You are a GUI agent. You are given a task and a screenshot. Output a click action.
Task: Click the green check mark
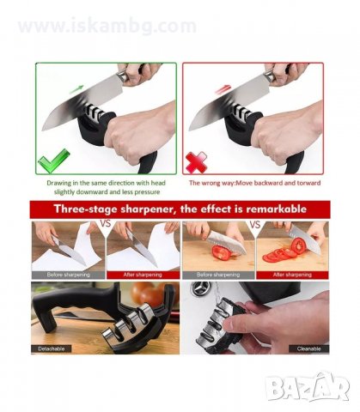point(53,161)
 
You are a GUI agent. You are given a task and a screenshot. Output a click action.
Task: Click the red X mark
point(196,162)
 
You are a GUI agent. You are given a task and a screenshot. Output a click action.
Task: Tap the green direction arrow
point(76,89)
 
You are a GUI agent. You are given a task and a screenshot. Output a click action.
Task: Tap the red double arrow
point(223,89)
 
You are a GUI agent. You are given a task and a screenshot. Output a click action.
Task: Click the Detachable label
point(52,348)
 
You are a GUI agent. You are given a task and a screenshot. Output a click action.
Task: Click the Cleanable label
point(308,348)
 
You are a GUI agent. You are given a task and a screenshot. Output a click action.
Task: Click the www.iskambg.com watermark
point(107,26)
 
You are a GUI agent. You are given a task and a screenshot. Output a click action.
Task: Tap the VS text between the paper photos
point(105,223)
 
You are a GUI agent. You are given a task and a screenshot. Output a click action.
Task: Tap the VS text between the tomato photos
point(255,224)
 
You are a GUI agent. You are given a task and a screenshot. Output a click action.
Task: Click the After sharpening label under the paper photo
point(143,275)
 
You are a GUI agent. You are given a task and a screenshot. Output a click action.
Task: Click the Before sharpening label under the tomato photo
point(218,275)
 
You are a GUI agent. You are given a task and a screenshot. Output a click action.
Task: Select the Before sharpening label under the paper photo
point(69,275)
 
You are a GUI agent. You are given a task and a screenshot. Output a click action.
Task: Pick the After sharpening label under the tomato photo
point(292,275)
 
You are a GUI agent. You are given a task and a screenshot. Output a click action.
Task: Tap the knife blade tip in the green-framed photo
point(42,130)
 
